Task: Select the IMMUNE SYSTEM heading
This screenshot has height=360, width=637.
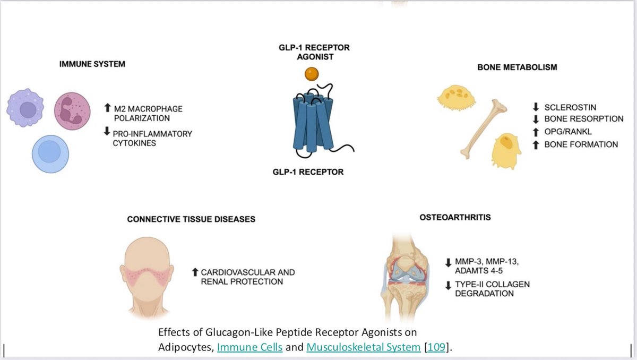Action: coord(92,64)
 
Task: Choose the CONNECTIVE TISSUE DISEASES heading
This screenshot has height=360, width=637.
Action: coord(191,219)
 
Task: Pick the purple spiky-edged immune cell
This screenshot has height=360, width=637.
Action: coord(25,108)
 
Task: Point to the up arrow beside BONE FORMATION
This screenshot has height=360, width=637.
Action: coord(536,144)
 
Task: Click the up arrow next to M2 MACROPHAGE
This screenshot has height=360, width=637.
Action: coord(107,109)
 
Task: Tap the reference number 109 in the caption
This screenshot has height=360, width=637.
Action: coord(442,348)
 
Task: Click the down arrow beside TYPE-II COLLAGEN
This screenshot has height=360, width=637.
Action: coord(448,285)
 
